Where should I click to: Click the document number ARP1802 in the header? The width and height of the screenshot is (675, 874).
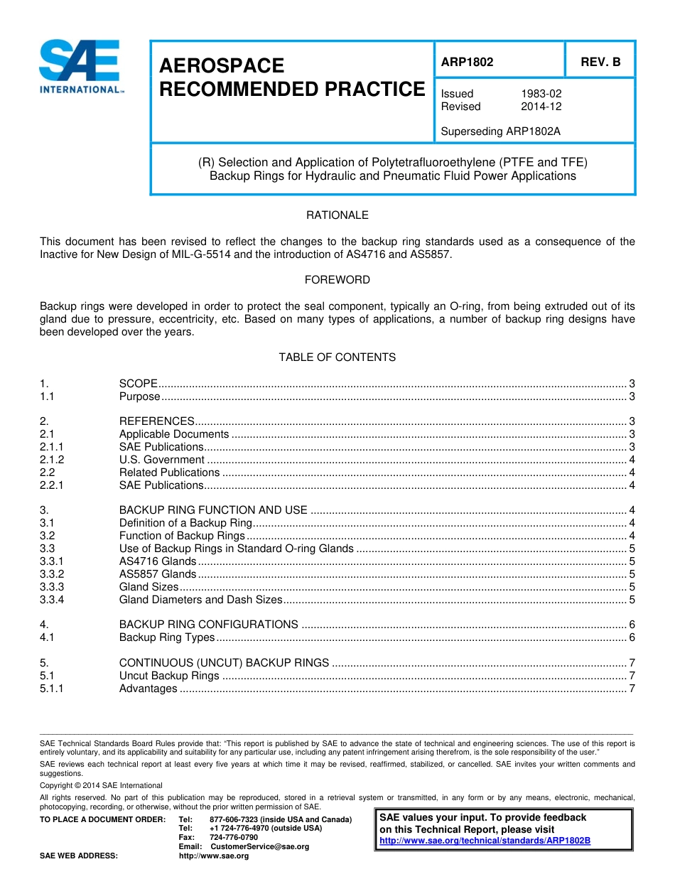coord(467,62)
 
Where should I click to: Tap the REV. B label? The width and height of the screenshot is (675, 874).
coord(600,62)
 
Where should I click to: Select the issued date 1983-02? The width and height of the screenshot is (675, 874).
coord(541,94)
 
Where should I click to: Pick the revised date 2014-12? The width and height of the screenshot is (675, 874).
coord(541,107)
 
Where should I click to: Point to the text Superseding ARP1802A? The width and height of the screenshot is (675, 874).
coord(496,131)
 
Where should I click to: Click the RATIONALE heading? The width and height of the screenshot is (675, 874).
coord(337,215)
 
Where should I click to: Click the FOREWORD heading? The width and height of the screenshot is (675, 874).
coord(337,280)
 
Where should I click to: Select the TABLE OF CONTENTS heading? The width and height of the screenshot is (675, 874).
coord(337,357)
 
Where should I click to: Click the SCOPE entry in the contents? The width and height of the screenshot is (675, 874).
coord(138,384)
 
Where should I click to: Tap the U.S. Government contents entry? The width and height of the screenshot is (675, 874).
coord(162,460)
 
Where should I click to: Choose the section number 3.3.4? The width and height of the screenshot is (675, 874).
coord(52,600)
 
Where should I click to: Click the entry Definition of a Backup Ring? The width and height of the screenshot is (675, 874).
coord(185,523)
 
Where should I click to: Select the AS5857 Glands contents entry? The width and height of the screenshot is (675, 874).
coord(158,574)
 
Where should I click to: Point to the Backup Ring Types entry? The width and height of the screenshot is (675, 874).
coord(166,637)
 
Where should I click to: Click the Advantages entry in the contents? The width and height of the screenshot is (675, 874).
coord(148,689)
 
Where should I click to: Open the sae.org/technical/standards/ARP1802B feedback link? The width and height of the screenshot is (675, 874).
coord(485,841)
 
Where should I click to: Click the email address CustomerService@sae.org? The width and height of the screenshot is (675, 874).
coord(259,847)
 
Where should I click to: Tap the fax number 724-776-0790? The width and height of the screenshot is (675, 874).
coord(234,838)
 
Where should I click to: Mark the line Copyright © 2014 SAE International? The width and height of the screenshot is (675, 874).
coord(101,785)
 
